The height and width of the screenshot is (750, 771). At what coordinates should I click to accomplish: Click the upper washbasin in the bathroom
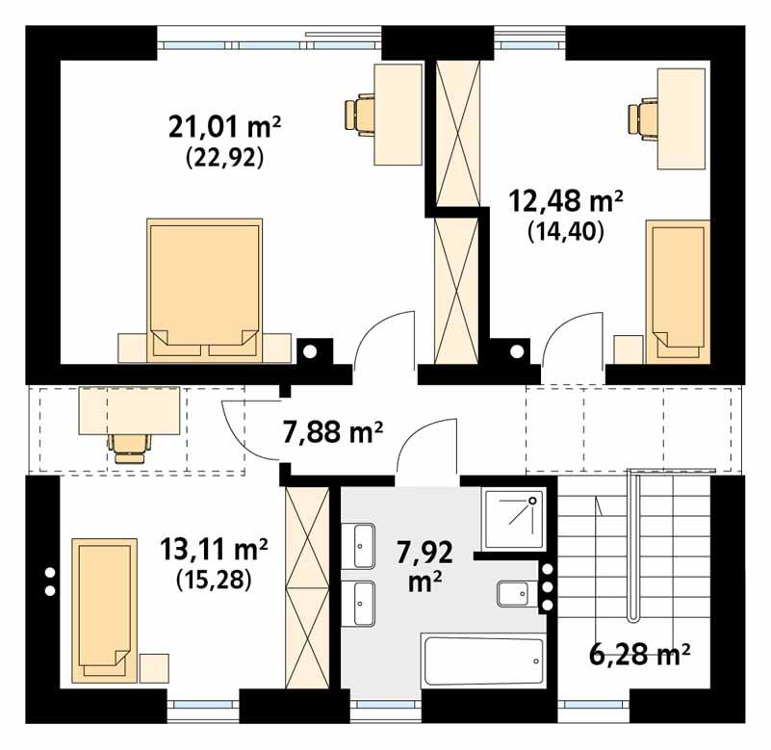(x=363, y=545)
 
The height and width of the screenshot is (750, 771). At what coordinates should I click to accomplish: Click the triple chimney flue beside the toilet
(x=547, y=586)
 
